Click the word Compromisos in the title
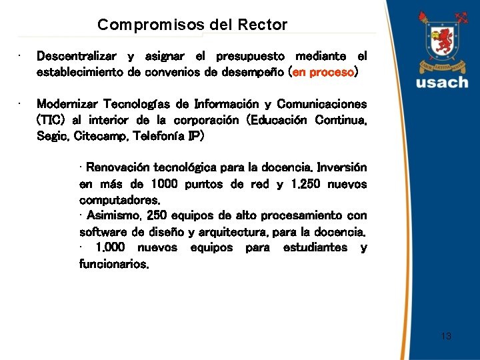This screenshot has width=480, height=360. click(x=134, y=25)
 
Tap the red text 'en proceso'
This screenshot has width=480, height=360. click(x=324, y=72)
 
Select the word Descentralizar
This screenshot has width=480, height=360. click(x=76, y=56)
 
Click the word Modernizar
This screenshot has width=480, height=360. click(x=67, y=105)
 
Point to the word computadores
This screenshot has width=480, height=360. click(x=119, y=199)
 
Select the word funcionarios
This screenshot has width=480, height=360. click(x=114, y=263)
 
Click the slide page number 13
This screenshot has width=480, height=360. click(x=446, y=336)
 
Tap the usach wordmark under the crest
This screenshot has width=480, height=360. click(x=443, y=83)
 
